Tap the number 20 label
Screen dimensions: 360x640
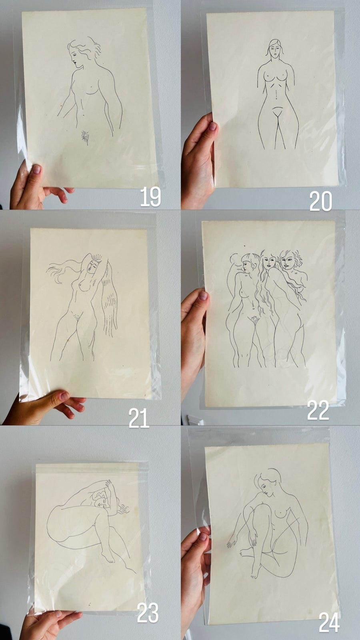coord(320,201)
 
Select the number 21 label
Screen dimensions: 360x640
coord(139,418)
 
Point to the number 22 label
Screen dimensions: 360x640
coord(318,410)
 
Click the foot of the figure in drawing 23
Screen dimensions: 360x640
coord(108,557)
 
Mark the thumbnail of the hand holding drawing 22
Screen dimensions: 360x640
coord(203,296)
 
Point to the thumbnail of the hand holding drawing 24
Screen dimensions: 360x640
coord(203,537)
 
